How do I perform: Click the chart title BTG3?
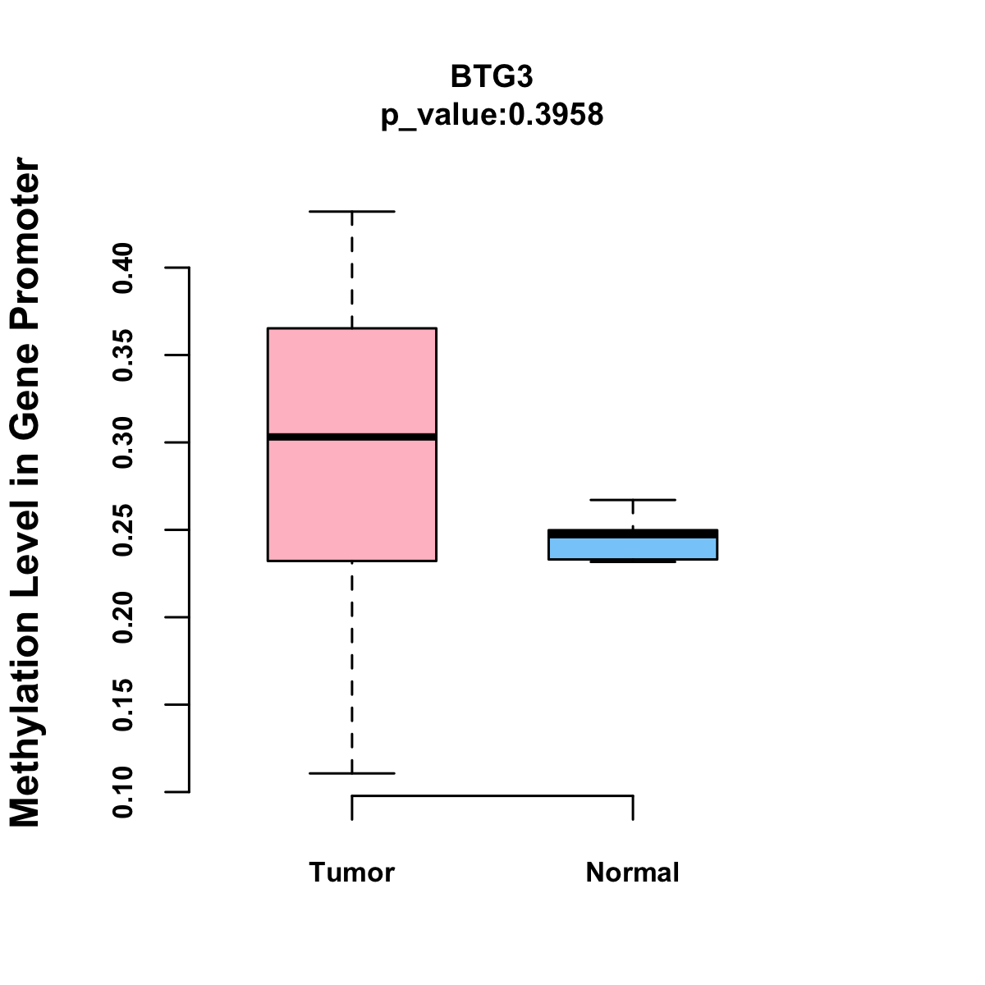coord(492,76)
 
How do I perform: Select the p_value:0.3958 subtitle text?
coord(492,115)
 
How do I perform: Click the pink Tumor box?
coord(351,378)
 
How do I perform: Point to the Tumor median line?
coord(351,437)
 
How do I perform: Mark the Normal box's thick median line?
coord(632,534)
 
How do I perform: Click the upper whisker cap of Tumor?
coord(351,212)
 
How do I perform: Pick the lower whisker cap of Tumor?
coord(351,773)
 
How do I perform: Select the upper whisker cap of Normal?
coord(632,500)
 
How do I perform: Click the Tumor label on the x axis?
coord(351,873)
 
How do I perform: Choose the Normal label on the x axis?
coord(632,873)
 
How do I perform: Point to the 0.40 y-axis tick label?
coord(124,268)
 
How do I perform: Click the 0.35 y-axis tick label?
coord(124,355)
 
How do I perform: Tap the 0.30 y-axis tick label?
coord(124,442)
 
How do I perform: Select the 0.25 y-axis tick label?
coord(124,530)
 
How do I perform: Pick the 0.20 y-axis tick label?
coord(124,617)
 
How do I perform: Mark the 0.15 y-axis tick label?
coord(124,705)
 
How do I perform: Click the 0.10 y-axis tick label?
coord(124,792)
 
